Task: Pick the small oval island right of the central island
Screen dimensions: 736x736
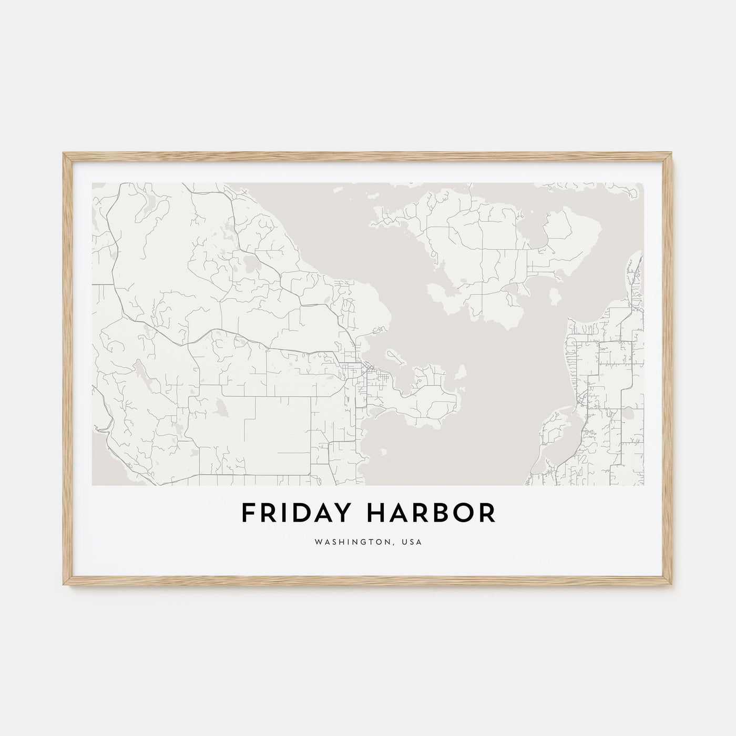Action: [553, 296]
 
